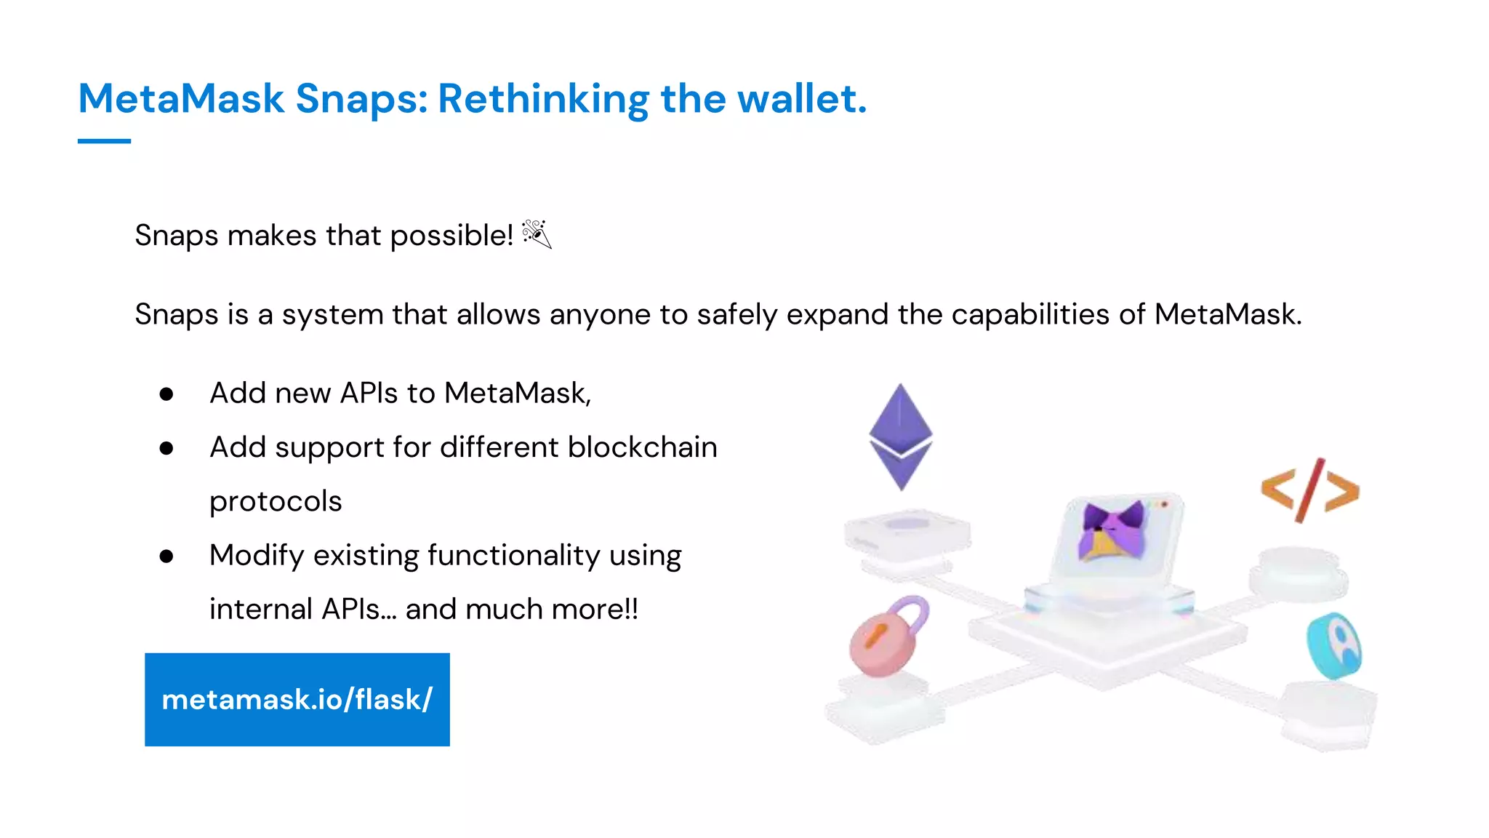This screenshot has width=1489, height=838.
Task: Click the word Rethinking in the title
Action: pos(543,99)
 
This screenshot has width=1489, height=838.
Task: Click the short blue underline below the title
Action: pos(104,141)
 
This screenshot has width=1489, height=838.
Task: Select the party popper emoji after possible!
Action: pos(537,234)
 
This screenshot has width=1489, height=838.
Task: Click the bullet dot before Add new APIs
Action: pos(166,394)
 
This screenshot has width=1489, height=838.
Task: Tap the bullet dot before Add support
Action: pos(166,448)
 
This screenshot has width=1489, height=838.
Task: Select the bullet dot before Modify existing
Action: pos(166,556)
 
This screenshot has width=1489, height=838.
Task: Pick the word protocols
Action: pos(276,501)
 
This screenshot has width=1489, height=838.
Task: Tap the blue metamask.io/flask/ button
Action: pos(297,699)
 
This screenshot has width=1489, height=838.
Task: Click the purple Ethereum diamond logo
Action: pos(901,436)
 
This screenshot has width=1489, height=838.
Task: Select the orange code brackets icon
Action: pos(1310,490)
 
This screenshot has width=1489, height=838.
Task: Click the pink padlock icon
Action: pos(887,637)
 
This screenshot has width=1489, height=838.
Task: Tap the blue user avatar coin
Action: pos(1335,646)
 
